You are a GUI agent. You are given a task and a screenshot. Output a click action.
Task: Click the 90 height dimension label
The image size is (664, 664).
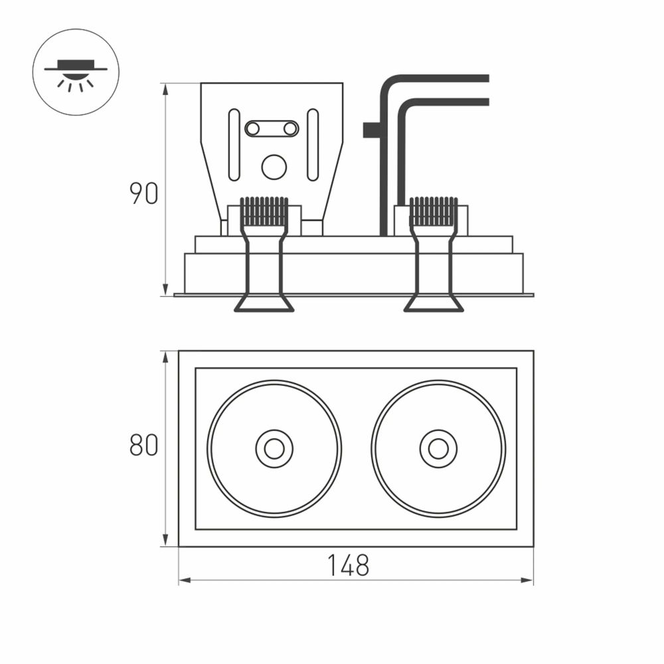pos(143,193)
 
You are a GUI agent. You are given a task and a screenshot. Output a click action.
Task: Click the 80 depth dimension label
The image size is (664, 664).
pos(143,446)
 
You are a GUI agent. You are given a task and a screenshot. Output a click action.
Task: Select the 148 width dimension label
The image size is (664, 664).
pos(348,566)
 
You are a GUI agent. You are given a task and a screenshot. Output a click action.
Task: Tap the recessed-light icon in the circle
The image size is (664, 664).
pos(76,72)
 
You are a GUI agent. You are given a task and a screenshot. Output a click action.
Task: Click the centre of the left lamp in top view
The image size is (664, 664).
pos(274,449)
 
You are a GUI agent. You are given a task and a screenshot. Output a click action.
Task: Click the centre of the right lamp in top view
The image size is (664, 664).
pos(438,449)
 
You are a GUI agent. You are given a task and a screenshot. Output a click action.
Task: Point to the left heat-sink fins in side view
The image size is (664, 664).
pos(264,211)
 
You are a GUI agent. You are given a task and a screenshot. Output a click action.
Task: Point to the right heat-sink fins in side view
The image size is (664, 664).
pos(434,211)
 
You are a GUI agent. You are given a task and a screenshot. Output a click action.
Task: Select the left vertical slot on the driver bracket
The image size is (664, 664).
pos(234,145)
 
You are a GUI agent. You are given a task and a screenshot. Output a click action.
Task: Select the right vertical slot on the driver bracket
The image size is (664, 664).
pos(313,145)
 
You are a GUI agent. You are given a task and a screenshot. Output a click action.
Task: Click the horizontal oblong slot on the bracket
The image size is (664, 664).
pos(272,129)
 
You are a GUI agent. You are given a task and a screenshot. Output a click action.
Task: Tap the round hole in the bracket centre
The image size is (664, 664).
pos(274,167)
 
